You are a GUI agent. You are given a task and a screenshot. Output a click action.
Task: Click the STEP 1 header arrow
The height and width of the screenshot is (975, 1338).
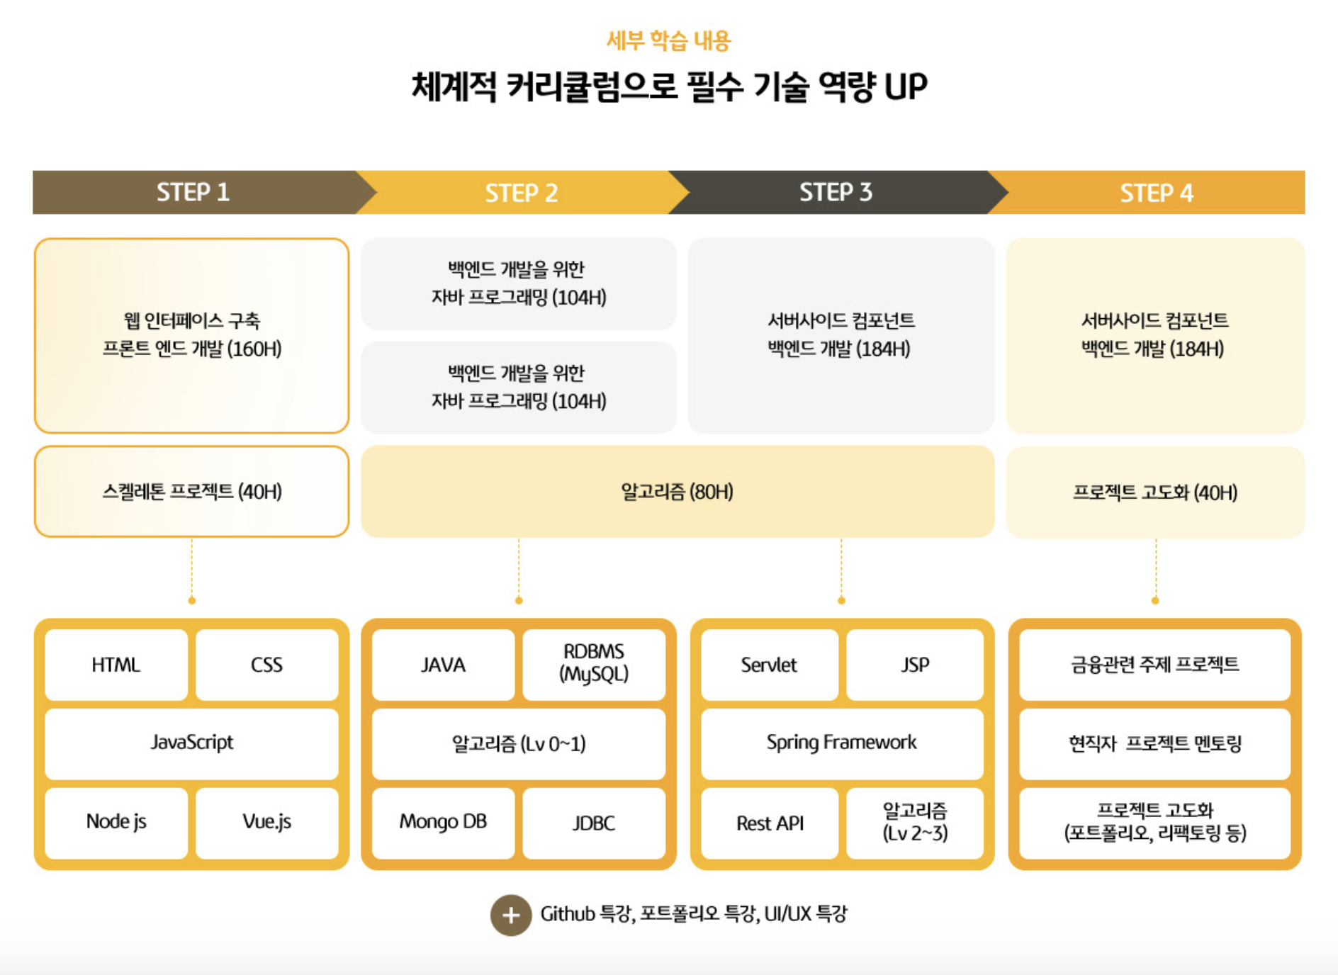(193, 192)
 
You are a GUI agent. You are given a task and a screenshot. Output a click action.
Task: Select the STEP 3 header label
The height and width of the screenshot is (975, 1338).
(836, 192)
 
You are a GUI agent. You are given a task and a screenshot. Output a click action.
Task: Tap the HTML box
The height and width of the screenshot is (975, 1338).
(116, 665)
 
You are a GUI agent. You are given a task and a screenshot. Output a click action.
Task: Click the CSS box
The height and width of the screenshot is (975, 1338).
(266, 665)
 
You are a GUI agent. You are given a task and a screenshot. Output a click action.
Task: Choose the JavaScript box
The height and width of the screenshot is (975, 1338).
(191, 743)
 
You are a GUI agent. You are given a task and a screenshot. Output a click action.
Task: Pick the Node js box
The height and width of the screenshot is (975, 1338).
(116, 822)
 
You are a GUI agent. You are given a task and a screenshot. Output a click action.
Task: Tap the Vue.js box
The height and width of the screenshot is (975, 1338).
(266, 822)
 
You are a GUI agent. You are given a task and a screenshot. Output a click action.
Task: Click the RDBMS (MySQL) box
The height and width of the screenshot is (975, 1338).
(594, 663)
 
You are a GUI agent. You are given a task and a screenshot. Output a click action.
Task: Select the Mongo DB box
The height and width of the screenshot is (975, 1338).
(443, 822)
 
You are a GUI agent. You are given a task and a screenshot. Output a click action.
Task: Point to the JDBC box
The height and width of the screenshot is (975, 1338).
(594, 823)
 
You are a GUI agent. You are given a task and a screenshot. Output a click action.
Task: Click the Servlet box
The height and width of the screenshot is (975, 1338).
(769, 665)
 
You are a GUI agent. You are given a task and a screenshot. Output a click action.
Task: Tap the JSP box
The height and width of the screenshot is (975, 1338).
(915, 665)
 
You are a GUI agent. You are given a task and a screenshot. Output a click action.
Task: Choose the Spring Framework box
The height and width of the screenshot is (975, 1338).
(841, 743)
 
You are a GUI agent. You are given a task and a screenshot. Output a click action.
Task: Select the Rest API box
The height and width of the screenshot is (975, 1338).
(770, 823)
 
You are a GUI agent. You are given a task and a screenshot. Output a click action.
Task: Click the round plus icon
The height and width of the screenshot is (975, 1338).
(511, 915)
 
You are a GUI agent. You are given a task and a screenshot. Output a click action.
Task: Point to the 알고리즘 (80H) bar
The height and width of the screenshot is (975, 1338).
(677, 492)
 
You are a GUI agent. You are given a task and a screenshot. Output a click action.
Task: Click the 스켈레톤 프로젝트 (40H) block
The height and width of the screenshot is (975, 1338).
(191, 492)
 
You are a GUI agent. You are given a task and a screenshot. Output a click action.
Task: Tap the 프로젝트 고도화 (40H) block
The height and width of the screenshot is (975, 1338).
(1155, 492)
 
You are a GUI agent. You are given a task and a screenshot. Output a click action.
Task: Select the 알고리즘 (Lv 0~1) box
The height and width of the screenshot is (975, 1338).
(519, 744)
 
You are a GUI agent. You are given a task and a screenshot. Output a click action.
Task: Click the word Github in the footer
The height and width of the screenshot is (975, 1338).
(568, 914)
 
